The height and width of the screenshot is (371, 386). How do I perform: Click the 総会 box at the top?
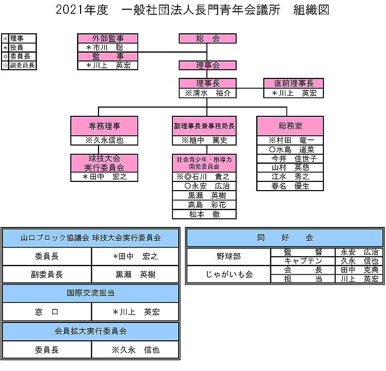pos(207,38)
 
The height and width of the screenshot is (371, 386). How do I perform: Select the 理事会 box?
pos(207,65)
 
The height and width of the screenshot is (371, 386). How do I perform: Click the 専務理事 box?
pos(105,126)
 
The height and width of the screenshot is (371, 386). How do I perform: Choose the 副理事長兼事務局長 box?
pos(204,126)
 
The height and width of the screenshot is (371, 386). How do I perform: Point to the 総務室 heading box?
pos(290,126)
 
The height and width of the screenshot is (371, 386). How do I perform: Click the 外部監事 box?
pos(108,38)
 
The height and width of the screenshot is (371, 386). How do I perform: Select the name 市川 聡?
pos(108,47)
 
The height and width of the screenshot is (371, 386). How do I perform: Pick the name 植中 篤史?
pos(204,140)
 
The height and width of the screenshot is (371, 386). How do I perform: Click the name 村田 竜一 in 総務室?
pos(291,140)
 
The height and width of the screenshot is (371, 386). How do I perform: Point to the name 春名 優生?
pos(291,186)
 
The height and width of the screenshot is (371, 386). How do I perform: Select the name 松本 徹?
pos(204,214)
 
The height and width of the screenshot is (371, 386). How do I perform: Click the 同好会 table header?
pos(284,238)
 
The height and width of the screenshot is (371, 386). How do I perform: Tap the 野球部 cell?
pos(228,256)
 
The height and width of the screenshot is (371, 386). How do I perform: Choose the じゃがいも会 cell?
pos(228,274)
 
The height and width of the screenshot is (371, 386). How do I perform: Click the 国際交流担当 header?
pos(90,293)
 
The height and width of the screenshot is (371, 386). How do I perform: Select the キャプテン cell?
pos(302,261)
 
